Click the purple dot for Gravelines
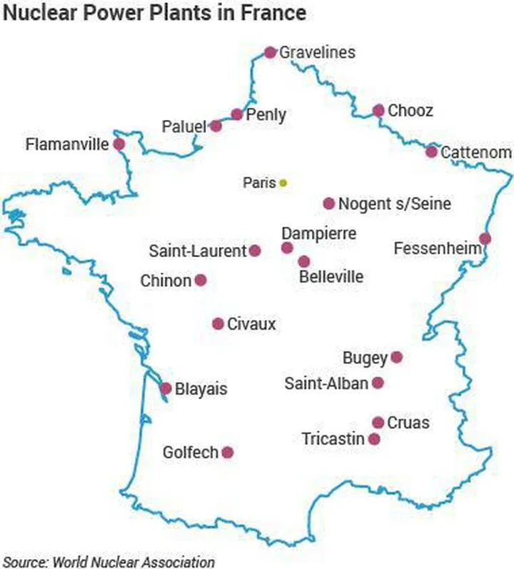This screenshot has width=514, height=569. pyautogui.click(x=270, y=52)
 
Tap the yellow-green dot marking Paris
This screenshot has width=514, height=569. pyautogui.click(x=283, y=183)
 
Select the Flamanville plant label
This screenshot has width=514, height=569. pyautogui.click(x=67, y=145)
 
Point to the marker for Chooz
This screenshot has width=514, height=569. pyautogui.click(x=378, y=111)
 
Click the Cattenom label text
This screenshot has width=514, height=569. pyautogui.click(x=476, y=153)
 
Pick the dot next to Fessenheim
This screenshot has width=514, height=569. pyautogui.click(x=485, y=238)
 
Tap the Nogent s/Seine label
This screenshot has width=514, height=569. pyautogui.click(x=395, y=204)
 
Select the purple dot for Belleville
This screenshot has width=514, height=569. pyautogui.click(x=304, y=262)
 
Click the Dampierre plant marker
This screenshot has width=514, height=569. pyautogui.click(x=287, y=248)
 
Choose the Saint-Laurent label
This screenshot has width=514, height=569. pyautogui.click(x=198, y=251)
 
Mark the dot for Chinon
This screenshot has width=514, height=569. pyautogui.click(x=201, y=281)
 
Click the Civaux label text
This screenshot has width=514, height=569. pyautogui.click(x=251, y=325)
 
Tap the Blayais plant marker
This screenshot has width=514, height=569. pyautogui.click(x=166, y=389)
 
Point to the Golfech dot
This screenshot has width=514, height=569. pyautogui.click(x=228, y=452)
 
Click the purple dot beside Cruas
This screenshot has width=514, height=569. pyautogui.click(x=378, y=423)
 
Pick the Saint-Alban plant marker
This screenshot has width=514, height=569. pyautogui.click(x=378, y=383)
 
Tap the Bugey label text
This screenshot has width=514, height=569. pyautogui.click(x=365, y=358)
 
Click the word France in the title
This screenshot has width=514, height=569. pyautogui.click(x=271, y=13)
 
